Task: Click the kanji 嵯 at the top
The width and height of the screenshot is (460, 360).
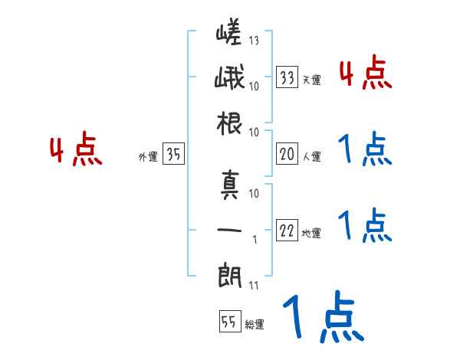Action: (x=229, y=33)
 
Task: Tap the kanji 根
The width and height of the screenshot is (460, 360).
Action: (x=229, y=123)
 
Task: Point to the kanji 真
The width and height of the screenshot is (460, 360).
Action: (x=229, y=185)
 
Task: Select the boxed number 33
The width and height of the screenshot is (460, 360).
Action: (x=287, y=77)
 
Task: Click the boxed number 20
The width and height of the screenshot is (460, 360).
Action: (x=287, y=155)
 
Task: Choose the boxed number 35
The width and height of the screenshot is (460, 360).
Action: (x=173, y=155)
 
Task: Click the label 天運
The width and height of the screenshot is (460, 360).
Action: (x=311, y=80)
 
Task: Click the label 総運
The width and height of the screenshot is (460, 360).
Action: (x=254, y=324)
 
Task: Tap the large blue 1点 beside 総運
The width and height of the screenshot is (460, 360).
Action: (x=322, y=319)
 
